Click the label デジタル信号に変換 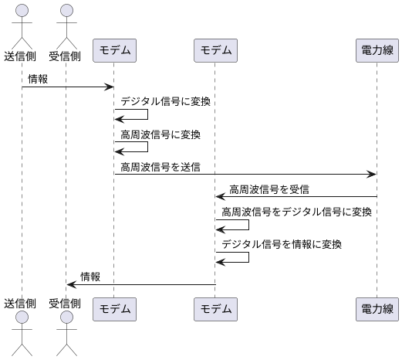click(x=165, y=101)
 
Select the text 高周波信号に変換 click(x=160, y=134)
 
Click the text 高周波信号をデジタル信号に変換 click(x=296, y=212)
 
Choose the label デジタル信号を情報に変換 click(x=282, y=244)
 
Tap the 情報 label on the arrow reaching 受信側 click(x=90, y=277)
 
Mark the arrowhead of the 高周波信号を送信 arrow click(x=372, y=175)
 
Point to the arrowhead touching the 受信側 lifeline click(x=71, y=285)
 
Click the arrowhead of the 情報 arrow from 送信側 click(x=110, y=87)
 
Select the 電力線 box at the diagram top click(x=377, y=51)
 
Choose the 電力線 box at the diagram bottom click(x=377, y=310)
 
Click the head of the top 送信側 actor click(x=22, y=10)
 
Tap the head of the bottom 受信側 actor click(x=67, y=319)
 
